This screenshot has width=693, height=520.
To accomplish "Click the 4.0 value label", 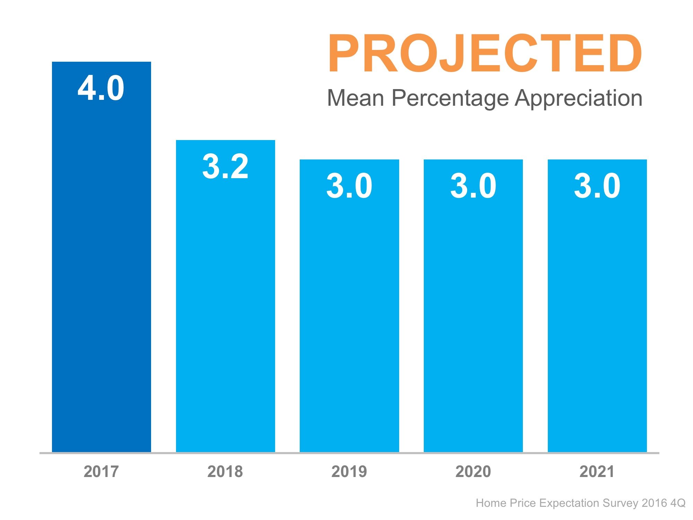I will (x=101, y=88).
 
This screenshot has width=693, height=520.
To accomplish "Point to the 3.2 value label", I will (x=225, y=167).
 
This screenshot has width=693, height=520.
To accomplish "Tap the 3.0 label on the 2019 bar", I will (x=349, y=186).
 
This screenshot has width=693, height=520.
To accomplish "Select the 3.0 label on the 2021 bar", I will (x=597, y=186).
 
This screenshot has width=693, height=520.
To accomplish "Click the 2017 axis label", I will (x=101, y=472).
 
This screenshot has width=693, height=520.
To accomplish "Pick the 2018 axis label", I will (x=225, y=472).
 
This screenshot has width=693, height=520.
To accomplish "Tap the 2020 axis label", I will (x=473, y=472).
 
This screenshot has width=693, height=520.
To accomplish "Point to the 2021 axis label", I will (x=597, y=472).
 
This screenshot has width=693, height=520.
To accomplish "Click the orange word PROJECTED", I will (x=485, y=54).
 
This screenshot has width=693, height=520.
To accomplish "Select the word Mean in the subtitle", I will (x=356, y=98).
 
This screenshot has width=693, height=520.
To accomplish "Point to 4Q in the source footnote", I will (x=678, y=503).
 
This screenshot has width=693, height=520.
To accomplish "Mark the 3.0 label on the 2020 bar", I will (x=473, y=186).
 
